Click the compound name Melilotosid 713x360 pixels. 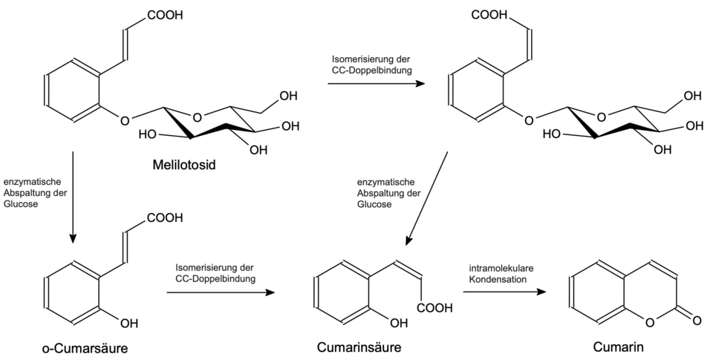[x=183, y=164]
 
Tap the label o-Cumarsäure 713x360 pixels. [x=85, y=348]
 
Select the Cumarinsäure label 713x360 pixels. [x=359, y=347]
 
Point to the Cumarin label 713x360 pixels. [x=618, y=347]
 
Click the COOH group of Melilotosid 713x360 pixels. [x=165, y=15]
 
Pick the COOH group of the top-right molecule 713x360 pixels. [x=489, y=15]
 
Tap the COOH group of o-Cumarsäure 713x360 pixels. [x=165, y=217]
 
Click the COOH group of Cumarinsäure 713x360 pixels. [x=434, y=308]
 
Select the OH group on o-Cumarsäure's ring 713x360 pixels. [x=129, y=323]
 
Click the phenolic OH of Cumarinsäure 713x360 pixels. [x=399, y=323]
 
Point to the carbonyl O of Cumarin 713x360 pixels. [x=697, y=320]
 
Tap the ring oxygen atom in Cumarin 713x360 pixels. [x=650, y=323]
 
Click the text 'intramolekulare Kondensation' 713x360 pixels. [x=501, y=274]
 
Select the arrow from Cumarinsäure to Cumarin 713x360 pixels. [x=504, y=292]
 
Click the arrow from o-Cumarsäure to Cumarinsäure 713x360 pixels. [x=221, y=292]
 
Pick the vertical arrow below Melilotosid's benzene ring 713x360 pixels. [x=72, y=197]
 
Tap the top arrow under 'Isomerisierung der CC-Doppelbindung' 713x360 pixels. [x=376, y=84]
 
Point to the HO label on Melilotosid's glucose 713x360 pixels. [x=147, y=134]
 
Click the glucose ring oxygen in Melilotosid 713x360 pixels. [x=197, y=118]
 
